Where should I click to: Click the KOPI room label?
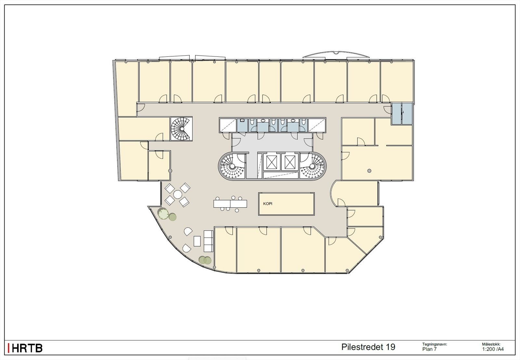tap(267, 204)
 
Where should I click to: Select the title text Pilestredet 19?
tap(368, 347)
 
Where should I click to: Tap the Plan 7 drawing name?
tap(429, 349)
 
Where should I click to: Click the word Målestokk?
tap(491, 344)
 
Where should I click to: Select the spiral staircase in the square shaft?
tap(181, 129)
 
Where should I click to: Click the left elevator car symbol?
tap(271, 161)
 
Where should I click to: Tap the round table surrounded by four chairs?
tap(177, 195)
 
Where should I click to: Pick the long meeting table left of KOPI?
tap(230, 204)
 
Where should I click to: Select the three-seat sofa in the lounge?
tap(208, 241)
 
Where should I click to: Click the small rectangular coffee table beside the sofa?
tap(197, 241)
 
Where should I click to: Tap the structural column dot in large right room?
tap(369, 171)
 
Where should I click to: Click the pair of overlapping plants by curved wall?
tap(205, 260)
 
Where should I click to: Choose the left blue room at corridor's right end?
tap(396, 113)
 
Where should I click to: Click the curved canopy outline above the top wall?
tap(336, 54)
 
